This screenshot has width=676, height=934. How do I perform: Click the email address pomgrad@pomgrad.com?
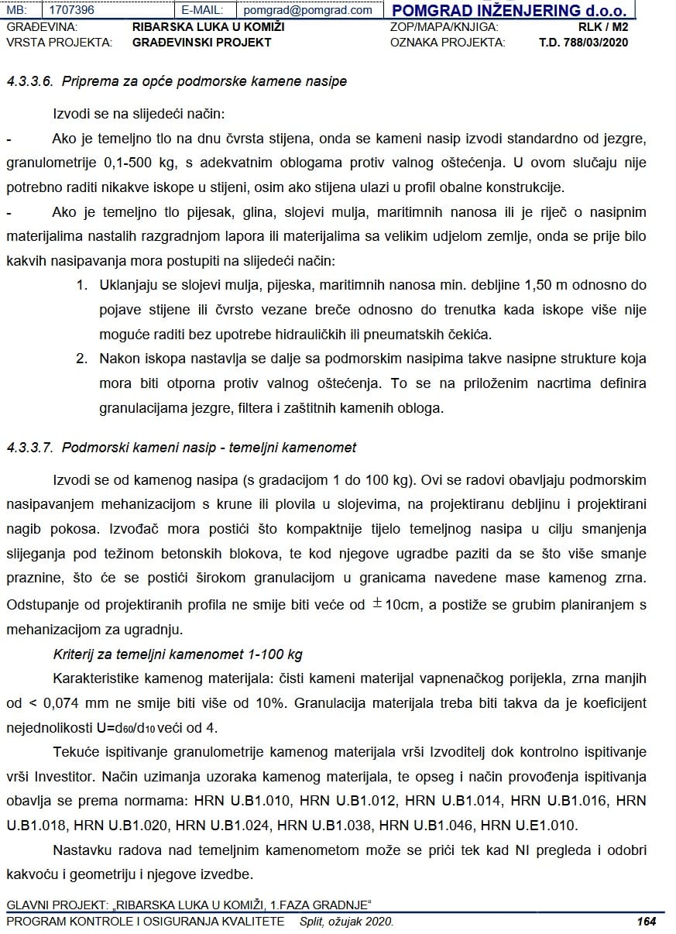[x=307, y=10]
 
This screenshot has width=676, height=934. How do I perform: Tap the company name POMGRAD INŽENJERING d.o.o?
[x=509, y=10]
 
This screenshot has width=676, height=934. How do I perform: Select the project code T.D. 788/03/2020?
[x=583, y=42]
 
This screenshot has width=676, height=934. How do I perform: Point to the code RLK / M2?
[x=603, y=26]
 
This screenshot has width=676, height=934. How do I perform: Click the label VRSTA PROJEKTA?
[x=59, y=42]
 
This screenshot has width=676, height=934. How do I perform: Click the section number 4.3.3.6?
[x=32, y=81]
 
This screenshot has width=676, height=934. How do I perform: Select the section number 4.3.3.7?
[x=32, y=448]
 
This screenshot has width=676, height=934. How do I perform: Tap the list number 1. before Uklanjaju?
[x=82, y=285]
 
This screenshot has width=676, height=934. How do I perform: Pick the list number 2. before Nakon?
[x=82, y=359]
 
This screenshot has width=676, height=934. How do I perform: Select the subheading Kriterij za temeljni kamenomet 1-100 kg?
[x=177, y=654]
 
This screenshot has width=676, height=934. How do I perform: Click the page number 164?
[x=646, y=922]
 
